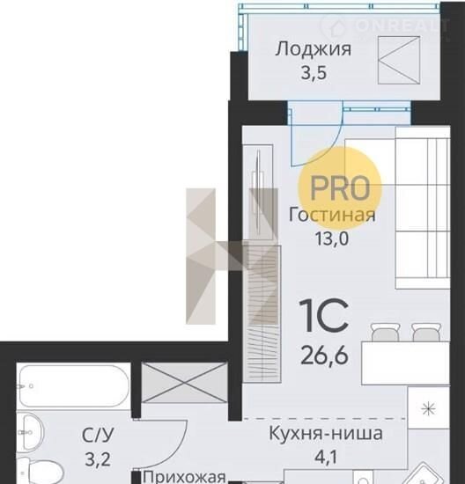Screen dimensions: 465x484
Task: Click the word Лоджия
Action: (314, 49)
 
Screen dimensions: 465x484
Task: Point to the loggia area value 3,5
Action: (314, 73)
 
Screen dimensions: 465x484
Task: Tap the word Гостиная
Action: (332, 215)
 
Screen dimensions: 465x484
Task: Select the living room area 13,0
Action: (332, 238)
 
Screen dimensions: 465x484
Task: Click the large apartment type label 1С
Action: (324, 316)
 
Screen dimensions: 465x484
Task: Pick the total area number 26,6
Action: (324, 356)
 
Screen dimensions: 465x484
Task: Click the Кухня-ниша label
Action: (326, 433)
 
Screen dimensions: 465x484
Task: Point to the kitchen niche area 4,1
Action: (326, 457)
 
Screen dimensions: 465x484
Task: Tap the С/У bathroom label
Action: (98, 436)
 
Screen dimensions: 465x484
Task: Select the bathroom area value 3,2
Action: (98, 459)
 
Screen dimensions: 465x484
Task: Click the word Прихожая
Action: (184, 477)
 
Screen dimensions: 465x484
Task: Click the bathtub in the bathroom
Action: (73, 385)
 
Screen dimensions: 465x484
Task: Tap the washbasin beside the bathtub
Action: (29, 432)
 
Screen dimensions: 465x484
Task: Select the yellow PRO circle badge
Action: (340, 188)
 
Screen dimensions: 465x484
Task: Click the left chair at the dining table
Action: (385, 332)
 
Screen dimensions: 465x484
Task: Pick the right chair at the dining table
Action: (426, 332)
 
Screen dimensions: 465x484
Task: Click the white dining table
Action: (405, 363)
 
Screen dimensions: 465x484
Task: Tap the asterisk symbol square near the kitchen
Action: (429, 408)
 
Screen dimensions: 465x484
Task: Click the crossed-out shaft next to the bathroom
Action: (184, 383)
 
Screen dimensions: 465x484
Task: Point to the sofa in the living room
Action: (423, 208)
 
